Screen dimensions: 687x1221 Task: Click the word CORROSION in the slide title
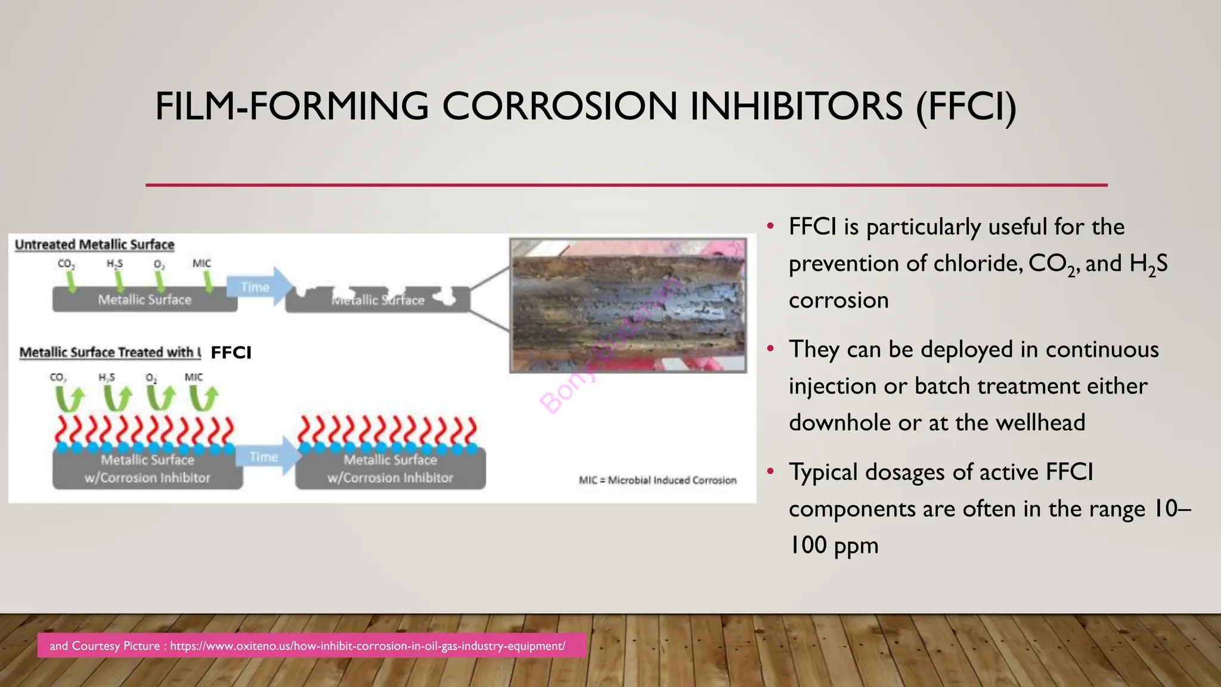559,107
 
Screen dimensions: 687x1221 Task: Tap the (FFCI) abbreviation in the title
966,107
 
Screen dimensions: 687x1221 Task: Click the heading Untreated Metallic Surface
94,245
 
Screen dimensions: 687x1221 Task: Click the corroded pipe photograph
628,305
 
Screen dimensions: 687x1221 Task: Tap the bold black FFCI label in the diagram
231,352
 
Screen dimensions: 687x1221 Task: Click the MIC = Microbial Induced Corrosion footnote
658,480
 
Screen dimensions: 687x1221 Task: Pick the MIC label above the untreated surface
202,263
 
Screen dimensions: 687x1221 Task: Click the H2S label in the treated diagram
107,377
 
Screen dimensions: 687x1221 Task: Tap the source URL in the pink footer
367,646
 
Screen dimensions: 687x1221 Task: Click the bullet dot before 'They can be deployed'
771,348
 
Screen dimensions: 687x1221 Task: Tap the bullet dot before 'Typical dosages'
771,471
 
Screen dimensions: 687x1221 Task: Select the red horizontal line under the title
626,185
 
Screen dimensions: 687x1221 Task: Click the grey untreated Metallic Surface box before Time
145,300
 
